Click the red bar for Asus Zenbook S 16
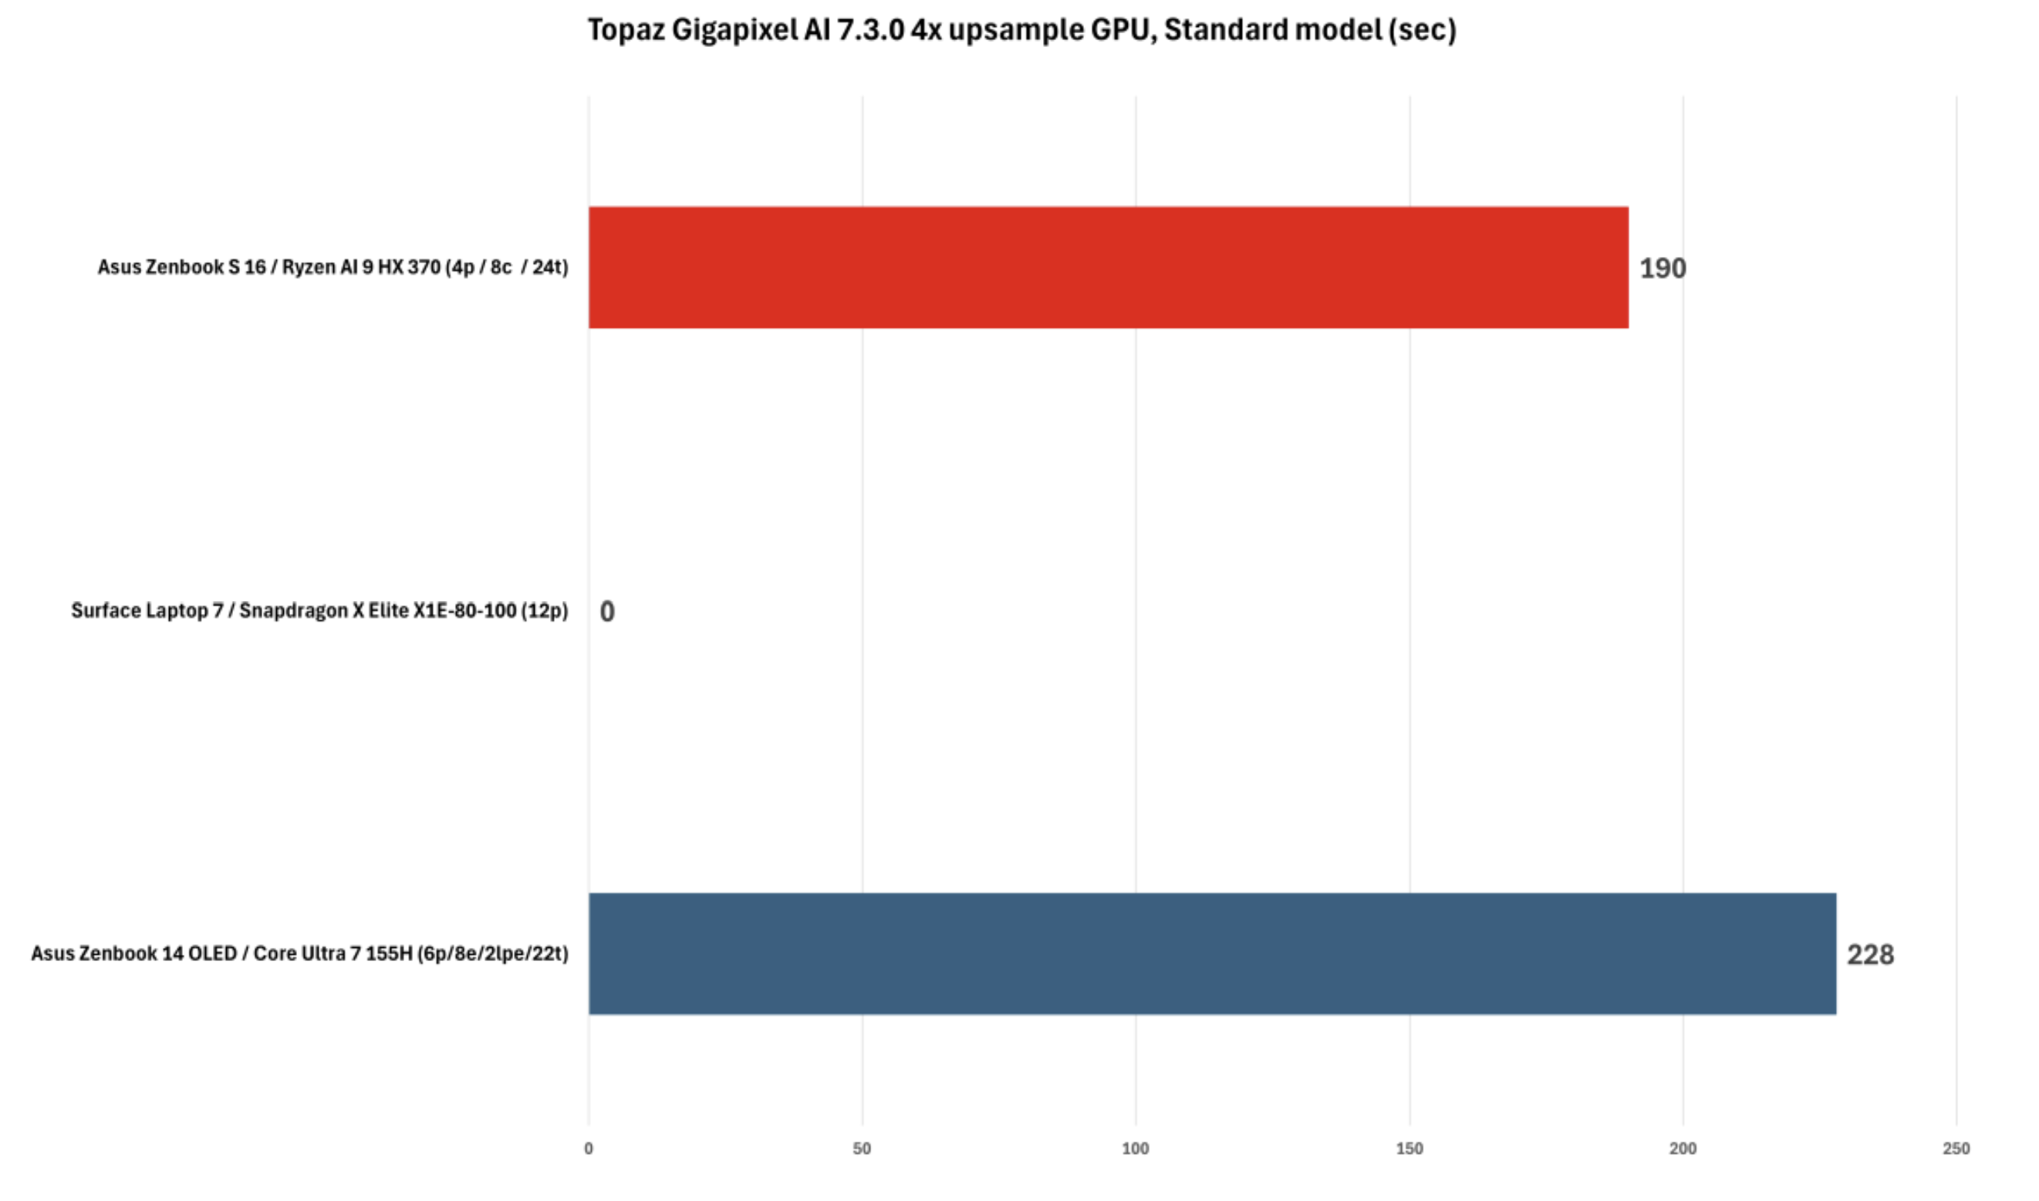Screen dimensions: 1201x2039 click(x=1107, y=267)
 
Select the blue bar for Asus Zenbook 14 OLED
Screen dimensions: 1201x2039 click(x=1211, y=953)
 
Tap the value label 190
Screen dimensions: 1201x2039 click(x=1662, y=268)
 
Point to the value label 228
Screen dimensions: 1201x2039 click(x=1870, y=954)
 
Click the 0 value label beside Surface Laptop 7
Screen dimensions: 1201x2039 click(x=607, y=611)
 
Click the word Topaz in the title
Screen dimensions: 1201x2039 click(x=626, y=31)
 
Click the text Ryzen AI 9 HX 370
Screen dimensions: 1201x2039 click(x=361, y=267)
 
